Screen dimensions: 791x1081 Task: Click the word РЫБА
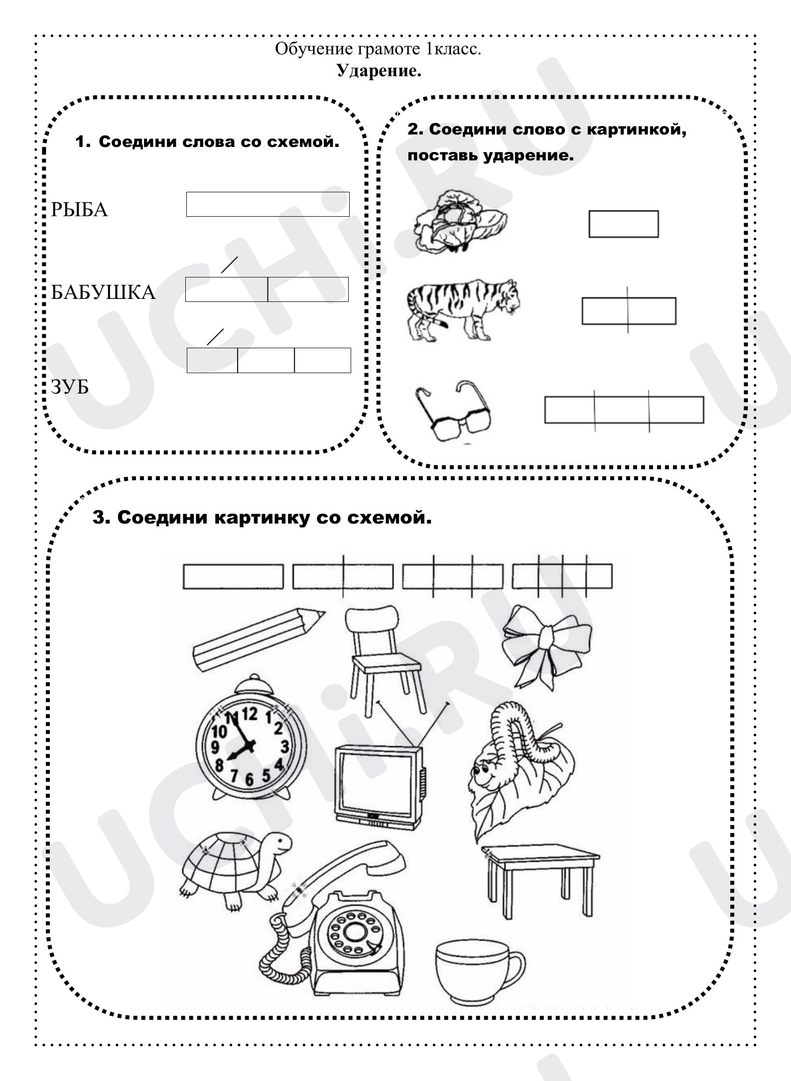(x=79, y=210)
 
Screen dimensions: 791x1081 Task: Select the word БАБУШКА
(x=104, y=292)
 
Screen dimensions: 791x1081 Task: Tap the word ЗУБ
(x=70, y=387)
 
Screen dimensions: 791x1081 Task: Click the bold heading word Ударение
(x=379, y=71)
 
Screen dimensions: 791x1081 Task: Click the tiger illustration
(x=463, y=309)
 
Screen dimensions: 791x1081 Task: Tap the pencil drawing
(x=258, y=640)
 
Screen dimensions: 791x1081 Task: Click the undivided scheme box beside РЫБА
(x=268, y=204)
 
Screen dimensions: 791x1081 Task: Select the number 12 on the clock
(x=250, y=715)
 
